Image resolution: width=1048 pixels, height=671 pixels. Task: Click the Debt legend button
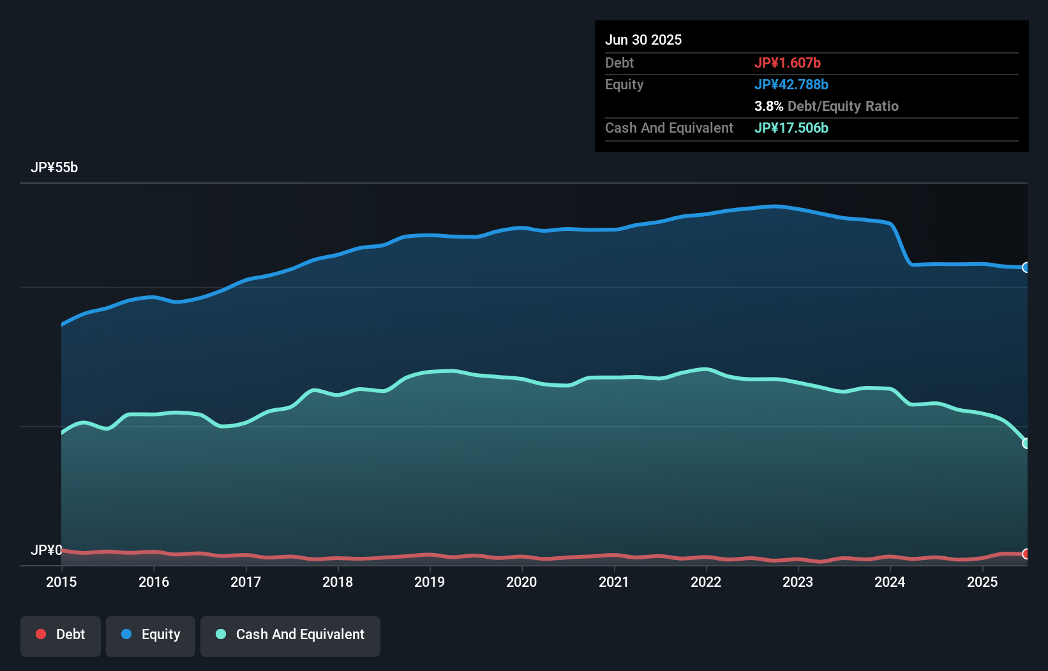[61, 635]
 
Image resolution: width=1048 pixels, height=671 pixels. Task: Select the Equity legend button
[151, 635]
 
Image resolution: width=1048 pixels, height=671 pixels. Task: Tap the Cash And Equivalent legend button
[290, 635]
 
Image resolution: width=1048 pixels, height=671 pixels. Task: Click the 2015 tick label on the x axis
[61, 582]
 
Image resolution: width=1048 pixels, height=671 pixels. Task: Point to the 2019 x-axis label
[430, 582]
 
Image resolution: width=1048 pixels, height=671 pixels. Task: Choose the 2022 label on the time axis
[706, 582]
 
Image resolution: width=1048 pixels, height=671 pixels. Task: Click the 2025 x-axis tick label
[982, 582]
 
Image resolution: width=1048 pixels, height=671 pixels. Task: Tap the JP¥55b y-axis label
[54, 168]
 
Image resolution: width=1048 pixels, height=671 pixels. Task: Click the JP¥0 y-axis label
[46, 550]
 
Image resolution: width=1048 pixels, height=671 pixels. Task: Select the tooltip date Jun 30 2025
[643, 40]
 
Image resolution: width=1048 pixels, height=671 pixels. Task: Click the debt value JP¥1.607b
[788, 63]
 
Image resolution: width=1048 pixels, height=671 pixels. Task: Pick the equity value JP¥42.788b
[791, 84]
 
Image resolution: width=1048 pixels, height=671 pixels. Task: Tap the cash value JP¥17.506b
[791, 128]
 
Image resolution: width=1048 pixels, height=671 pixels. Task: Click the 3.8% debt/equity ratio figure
[768, 106]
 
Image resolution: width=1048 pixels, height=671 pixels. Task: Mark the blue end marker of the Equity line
[1026, 267]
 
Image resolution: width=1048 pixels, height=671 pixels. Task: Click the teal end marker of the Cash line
[1026, 443]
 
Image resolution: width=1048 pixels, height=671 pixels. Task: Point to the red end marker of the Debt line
[1026, 554]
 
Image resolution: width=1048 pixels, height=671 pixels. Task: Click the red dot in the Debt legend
[41, 634]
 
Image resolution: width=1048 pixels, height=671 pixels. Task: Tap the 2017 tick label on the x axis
[246, 582]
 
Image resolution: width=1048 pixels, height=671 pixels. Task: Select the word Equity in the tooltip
[624, 84]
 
